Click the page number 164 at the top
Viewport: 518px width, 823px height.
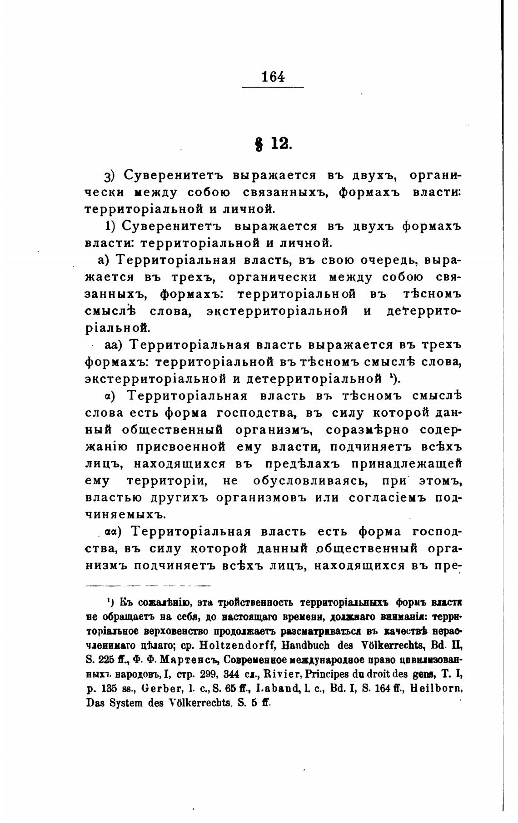coord(273,76)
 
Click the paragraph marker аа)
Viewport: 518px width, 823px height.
coord(114,345)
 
